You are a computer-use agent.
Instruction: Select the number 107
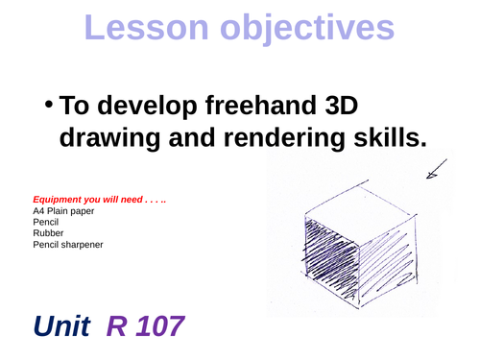156,328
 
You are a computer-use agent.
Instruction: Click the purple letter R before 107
116,328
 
